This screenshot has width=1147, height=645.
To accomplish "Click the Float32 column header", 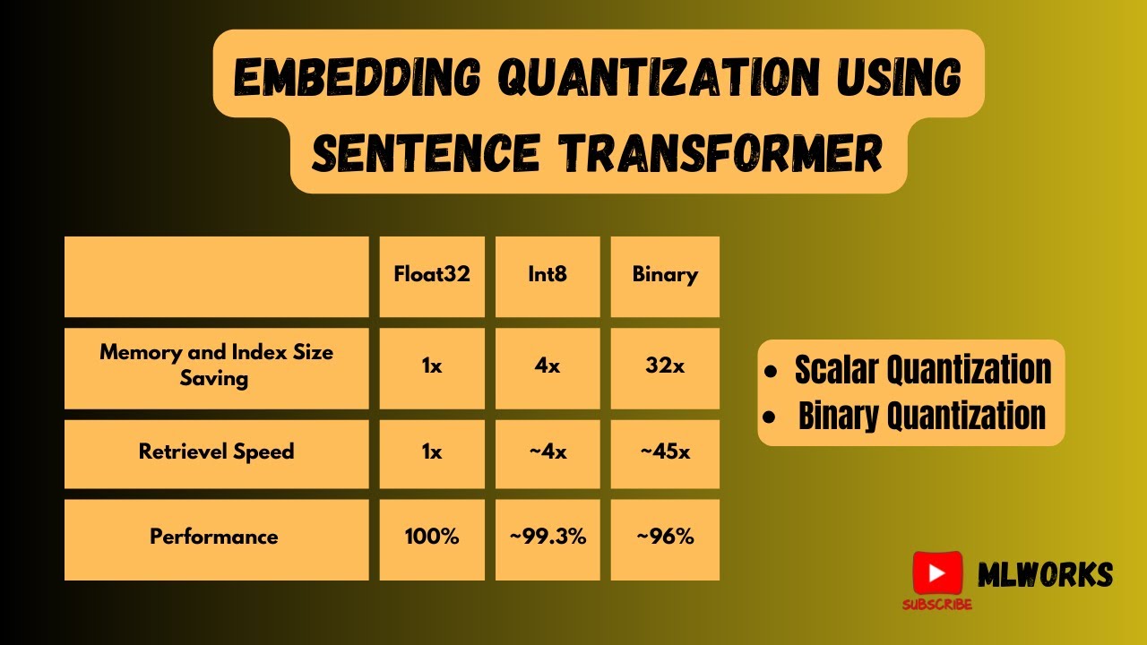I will click(432, 275).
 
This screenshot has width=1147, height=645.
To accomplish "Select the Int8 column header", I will click(548, 275).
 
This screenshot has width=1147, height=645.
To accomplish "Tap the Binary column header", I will click(665, 275).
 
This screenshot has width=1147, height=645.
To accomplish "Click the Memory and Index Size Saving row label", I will click(216, 365).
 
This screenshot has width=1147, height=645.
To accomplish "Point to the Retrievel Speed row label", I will click(216, 451).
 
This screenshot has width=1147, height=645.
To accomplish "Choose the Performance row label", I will click(214, 537).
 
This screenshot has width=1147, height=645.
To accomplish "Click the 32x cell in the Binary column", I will click(665, 367).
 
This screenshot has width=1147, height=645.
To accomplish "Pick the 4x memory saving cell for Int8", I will click(548, 367).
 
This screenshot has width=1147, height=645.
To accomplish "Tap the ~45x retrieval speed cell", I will click(665, 452).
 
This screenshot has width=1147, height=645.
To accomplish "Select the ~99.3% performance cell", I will click(548, 537).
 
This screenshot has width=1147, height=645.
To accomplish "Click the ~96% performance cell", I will click(665, 537).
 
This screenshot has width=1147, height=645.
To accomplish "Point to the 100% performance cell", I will click(432, 537).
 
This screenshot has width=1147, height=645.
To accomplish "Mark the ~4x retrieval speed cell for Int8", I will click(548, 452).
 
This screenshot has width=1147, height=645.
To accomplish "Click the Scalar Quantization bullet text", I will click(923, 369).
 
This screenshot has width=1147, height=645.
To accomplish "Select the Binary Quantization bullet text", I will click(921, 416).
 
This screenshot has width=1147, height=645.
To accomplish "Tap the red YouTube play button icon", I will click(937, 573).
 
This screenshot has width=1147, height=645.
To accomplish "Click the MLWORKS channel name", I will click(1045, 575).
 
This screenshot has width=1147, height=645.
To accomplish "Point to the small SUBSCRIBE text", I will click(936, 605).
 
